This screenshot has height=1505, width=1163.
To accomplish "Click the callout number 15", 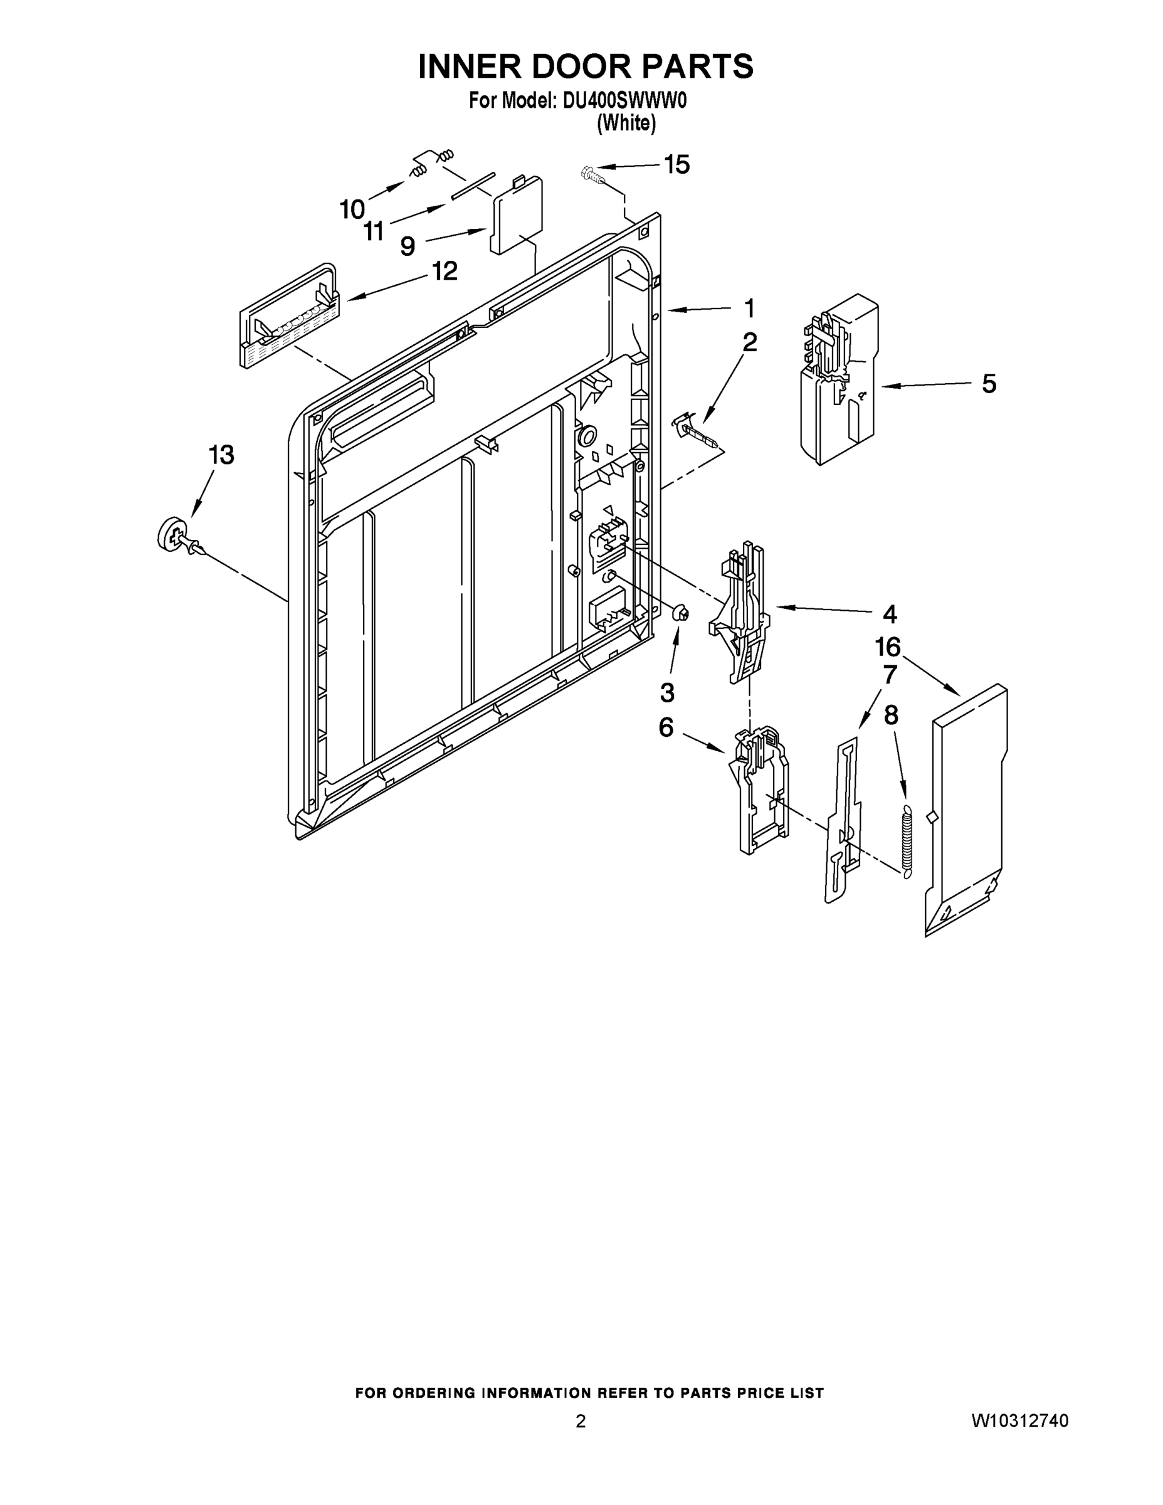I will (x=676, y=165).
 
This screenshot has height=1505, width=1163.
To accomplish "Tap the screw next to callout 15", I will (x=592, y=174).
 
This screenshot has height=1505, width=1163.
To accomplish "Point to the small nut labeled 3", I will (x=680, y=611).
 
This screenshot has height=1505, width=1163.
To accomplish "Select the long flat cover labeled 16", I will (x=966, y=810).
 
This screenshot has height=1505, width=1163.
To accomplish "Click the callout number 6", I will (x=666, y=727).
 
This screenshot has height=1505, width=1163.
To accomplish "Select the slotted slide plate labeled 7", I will (x=844, y=820).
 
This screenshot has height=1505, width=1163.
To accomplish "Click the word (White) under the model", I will (x=626, y=124).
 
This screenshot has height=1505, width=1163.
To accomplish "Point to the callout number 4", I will (x=890, y=613).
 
